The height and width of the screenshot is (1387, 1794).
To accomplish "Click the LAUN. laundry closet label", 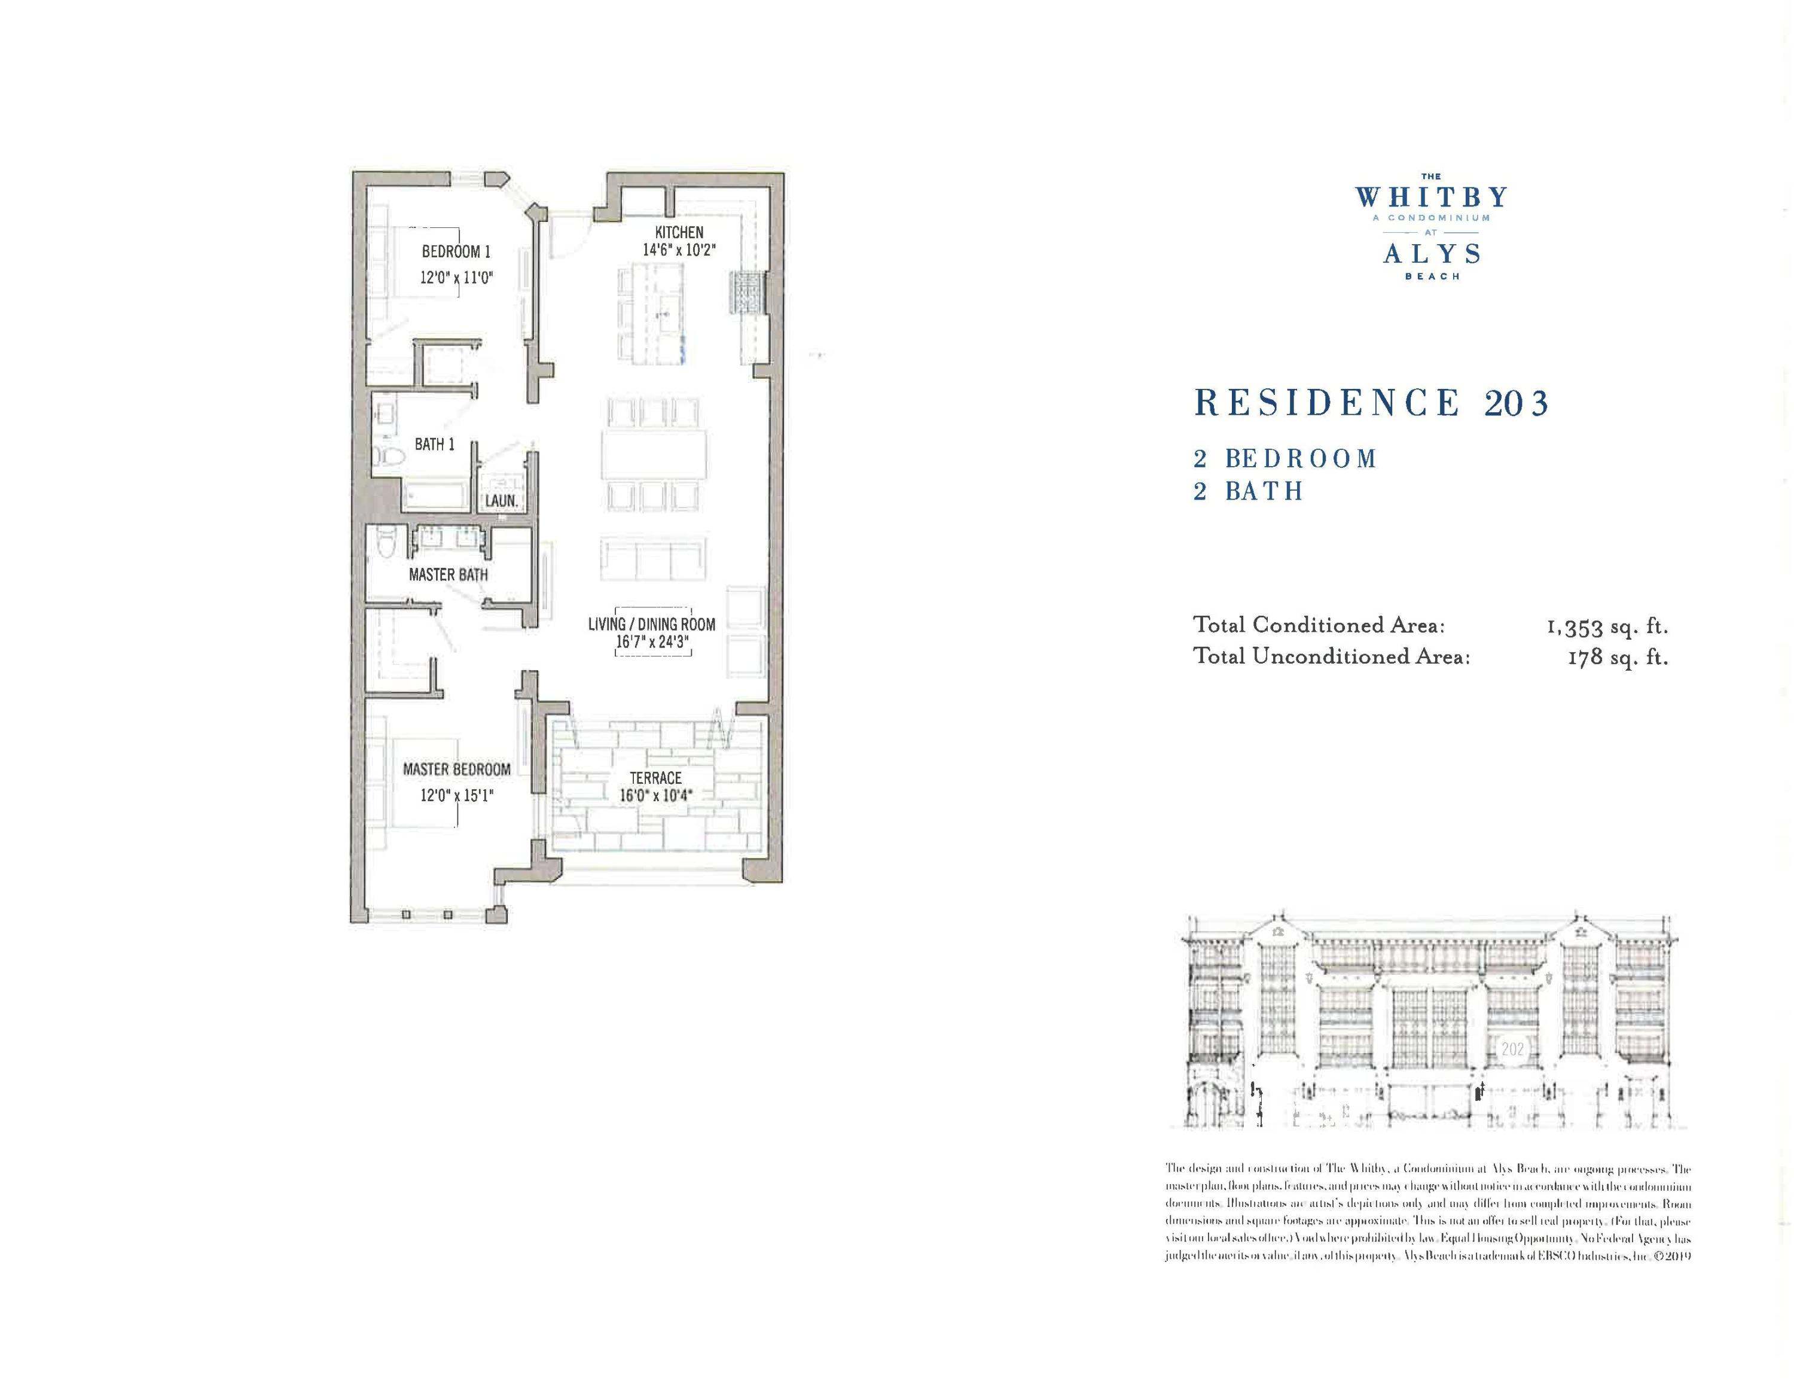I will [501, 500].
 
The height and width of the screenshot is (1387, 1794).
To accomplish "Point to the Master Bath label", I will [448, 575].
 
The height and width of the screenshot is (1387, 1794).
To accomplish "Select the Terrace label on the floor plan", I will [655, 777].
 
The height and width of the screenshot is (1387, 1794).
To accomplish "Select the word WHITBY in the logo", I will [1432, 197].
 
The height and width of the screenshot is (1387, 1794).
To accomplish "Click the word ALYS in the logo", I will [1432, 253].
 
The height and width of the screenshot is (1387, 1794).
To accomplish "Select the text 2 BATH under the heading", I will [1249, 491].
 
